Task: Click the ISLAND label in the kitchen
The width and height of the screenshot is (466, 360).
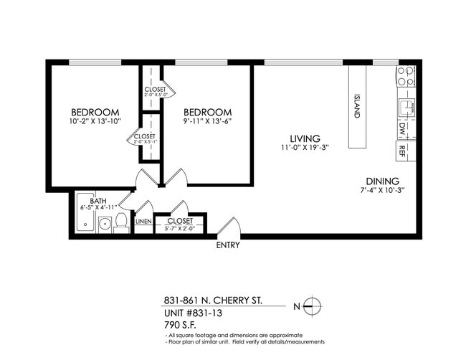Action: click(x=357, y=106)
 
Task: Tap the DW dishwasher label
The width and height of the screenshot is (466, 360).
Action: click(x=402, y=129)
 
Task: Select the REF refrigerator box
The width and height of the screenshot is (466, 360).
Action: click(x=402, y=151)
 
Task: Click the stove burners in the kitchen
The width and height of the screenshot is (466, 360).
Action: click(x=405, y=77)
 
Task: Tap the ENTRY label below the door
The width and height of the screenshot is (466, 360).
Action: click(x=228, y=245)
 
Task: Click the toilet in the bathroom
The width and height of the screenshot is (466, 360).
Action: click(x=121, y=221)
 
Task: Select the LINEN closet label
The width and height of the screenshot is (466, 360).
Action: click(x=143, y=222)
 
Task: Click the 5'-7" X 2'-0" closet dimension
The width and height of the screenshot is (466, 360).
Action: click(x=179, y=229)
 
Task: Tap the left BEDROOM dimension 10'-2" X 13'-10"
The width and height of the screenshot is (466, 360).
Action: click(x=95, y=122)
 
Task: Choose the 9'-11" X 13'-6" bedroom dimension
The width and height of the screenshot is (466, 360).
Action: click(x=207, y=122)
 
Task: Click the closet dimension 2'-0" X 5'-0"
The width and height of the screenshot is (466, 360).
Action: click(x=156, y=95)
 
